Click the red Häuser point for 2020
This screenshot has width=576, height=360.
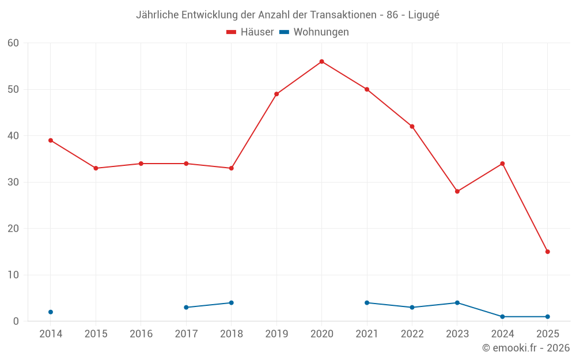click(x=321, y=62)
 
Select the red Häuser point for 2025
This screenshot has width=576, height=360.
click(x=547, y=252)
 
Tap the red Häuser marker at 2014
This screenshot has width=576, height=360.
click(x=51, y=141)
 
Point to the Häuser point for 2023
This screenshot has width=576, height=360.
click(x=457, y=191)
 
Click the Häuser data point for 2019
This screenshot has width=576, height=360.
click(x=276, y=94)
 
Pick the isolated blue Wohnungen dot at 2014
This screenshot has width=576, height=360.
click(x=51, y=312)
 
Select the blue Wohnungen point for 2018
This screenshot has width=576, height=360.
click(x=231, y=303)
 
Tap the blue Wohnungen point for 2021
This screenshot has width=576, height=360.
click(x=367, y=303)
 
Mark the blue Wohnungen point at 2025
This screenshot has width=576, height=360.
click(x=547, y=317)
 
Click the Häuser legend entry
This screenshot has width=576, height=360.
click(x=250, y=32)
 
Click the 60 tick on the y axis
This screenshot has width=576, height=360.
click(x=13, y=43)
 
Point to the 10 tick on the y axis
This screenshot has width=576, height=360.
click(x=13, y=275)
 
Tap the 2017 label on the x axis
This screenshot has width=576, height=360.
click(x=186, y=334)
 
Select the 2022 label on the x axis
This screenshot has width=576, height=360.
click(x=412, y=334)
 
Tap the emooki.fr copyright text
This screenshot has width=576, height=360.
click(x=525, y=348)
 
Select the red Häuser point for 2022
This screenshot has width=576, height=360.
click(x=412, y=127)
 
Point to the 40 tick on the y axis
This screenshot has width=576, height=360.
click(x=13, y=136)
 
